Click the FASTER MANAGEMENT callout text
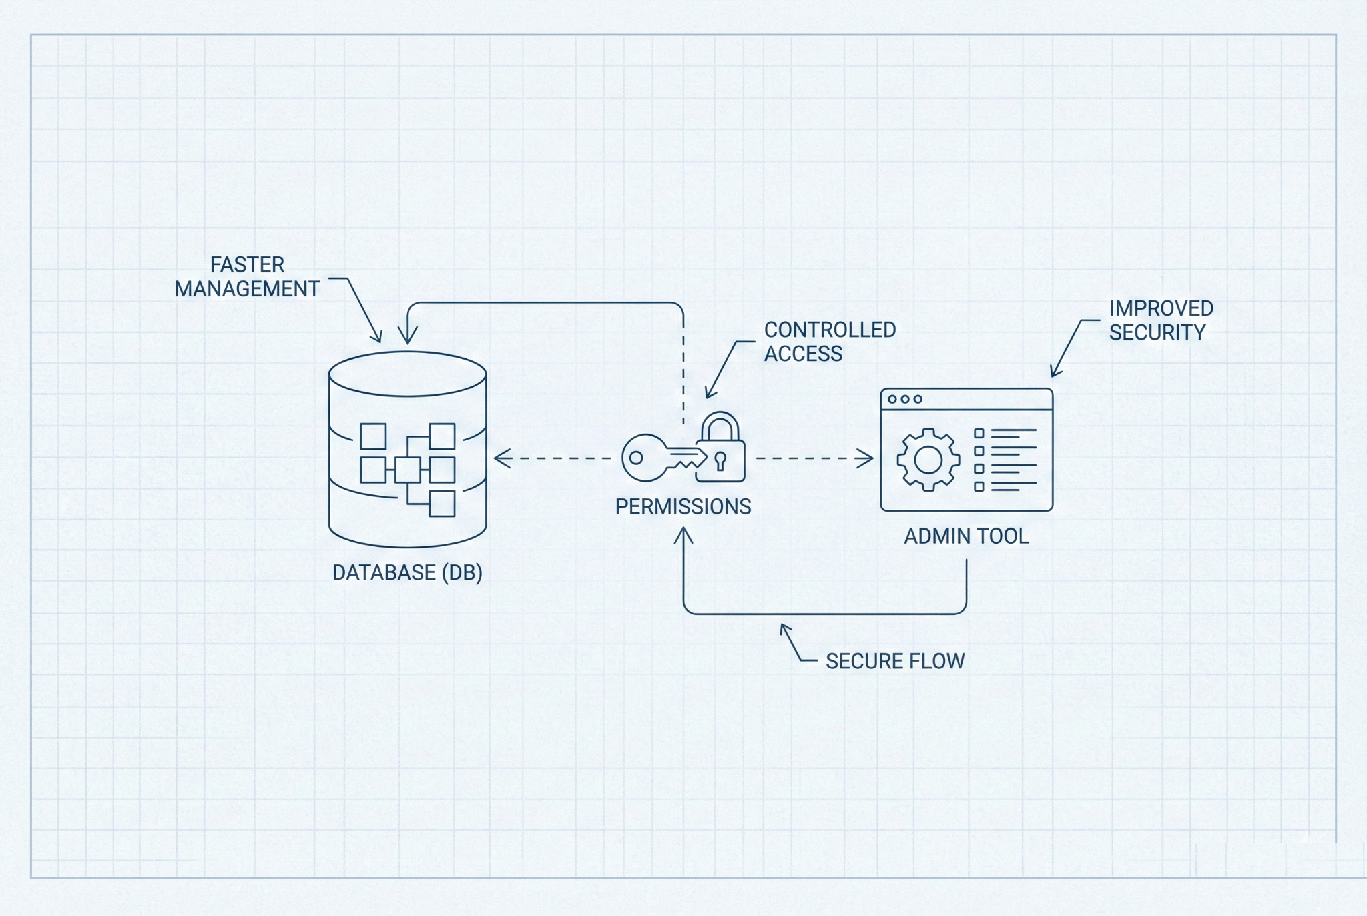click(247, 277)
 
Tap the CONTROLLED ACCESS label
click(829, 342)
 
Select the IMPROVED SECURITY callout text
click(1161, 320)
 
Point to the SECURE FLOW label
click(894, 661)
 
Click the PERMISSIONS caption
click(683, 507)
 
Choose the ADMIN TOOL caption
click(966, 536)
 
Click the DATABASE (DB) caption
click(407, 572)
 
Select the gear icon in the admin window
click(928, 460)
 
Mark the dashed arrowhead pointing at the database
click(501, 458)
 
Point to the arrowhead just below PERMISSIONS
click(683, 535)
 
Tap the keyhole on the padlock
click(720, 460)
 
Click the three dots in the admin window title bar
click(904, 399)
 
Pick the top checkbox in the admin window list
click(979, 434)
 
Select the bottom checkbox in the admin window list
click(979, 487)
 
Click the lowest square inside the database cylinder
click(442, 504)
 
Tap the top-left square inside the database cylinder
click(373, 436)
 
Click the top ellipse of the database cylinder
click(407, 374)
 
